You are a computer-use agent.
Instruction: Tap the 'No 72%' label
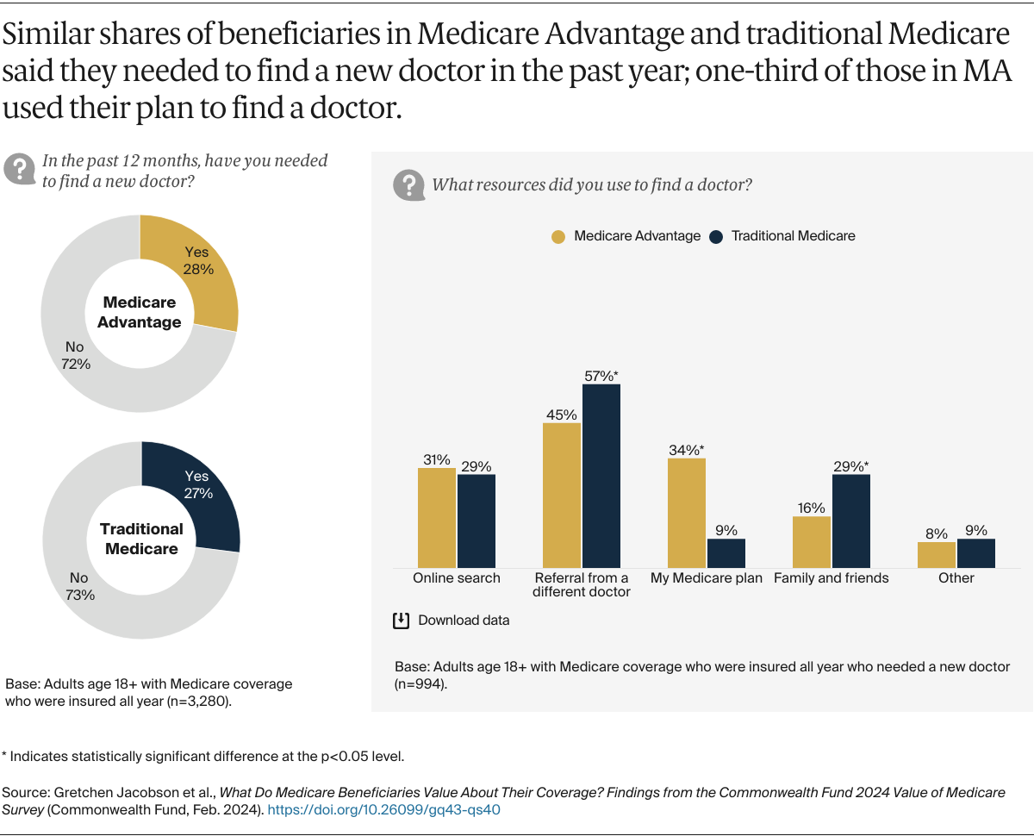tap(76, 355)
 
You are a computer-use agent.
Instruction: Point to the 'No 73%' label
tap(78, 586)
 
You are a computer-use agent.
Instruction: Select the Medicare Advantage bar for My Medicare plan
tap(686, 513)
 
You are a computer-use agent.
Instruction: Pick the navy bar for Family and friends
tap(850, 521)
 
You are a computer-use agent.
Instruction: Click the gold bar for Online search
tap(436, 517)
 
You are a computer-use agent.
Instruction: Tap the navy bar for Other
tap(975, 553)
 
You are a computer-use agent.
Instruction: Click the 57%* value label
tap(601, 375)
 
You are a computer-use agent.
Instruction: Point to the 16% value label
tap(811, 508)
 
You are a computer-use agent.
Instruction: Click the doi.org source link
tap(384, 809)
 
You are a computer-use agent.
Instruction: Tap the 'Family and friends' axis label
tap(831, 578)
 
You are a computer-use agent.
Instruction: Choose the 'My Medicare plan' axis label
tap(706, 578)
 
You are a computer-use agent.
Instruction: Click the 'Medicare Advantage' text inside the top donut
tap(139, 312)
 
